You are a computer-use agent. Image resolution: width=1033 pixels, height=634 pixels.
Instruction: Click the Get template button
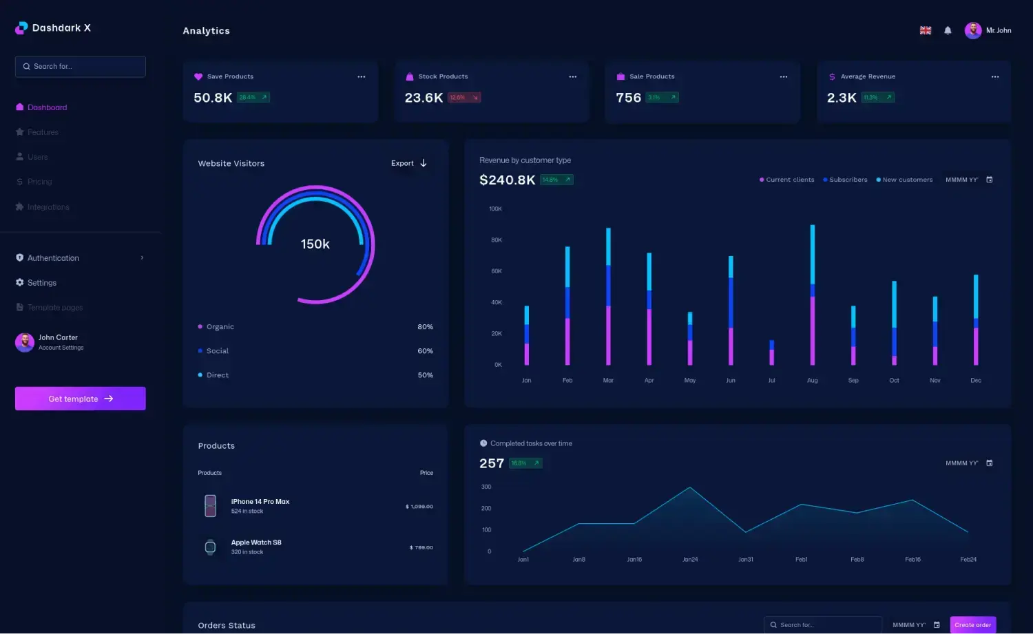pyautogui.click(x=80, y=399)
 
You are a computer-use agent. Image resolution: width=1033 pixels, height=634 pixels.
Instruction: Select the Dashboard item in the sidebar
pyautogui.click(x=47, y=107)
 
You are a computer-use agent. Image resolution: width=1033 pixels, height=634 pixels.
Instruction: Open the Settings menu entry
pyautogui.click(x=41, y=283)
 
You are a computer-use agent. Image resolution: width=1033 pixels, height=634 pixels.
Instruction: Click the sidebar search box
pyautogui.click(x=80, y=67)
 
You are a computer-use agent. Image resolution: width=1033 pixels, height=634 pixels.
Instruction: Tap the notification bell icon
pyautogui.click(x=948, y=30)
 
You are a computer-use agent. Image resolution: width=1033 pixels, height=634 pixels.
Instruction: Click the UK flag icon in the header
pyautogui.click(x=926, y=30)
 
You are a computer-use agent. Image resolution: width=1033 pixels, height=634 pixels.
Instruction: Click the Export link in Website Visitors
pyautogui.click(x=408, y=163)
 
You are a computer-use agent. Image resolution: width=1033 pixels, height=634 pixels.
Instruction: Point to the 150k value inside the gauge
pyautogui.click(x=315, y=244)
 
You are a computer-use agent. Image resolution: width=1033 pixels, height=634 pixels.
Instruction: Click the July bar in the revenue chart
pyautogui.click(x=771, y=352)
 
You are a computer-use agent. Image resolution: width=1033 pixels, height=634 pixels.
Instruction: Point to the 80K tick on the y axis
pyautogui.click(x=497, y=240)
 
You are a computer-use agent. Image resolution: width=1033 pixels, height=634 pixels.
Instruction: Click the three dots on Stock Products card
pyautogui.click(x=572, y=76)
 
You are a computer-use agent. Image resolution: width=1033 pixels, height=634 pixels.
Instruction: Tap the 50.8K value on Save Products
pyautogui.click(x=213, y=98)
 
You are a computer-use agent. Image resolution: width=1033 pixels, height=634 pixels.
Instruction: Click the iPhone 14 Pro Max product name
pyautogui.click(x=260, y=502)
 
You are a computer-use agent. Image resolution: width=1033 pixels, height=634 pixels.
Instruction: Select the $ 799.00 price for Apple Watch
pyautogui.click(x=421, y=548)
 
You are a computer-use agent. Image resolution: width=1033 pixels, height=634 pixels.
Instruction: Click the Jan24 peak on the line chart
pyautogui.click(x=690, y=488)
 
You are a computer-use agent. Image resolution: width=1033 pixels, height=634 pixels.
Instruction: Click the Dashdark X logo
pyautogui.click(x=53, y=28)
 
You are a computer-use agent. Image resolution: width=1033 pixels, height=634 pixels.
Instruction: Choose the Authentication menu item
pyautogui.click(x=53, y=258)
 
